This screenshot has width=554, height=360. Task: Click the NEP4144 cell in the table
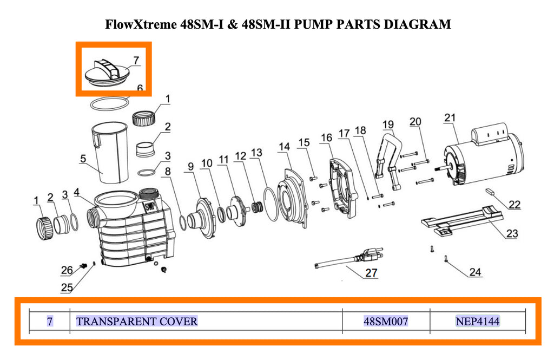(x=478, y=322)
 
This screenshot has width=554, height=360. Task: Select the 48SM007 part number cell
(x=386, y=322)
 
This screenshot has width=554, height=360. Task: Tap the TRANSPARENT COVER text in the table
(x=137, y=322)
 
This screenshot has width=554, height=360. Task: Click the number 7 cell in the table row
(x=50, y=322)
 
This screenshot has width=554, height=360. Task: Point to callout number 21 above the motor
(x=450, y=118)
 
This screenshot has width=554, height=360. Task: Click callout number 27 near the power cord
(x=371, y=272)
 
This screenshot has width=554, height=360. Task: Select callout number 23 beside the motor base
(x=512, y=234)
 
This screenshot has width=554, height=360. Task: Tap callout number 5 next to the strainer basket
(x=83, y=159)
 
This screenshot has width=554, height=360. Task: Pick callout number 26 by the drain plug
(x=67, y=270)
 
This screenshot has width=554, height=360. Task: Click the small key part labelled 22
(x=491, y=191)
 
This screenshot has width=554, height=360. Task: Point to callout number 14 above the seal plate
(x=284, y=147)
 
